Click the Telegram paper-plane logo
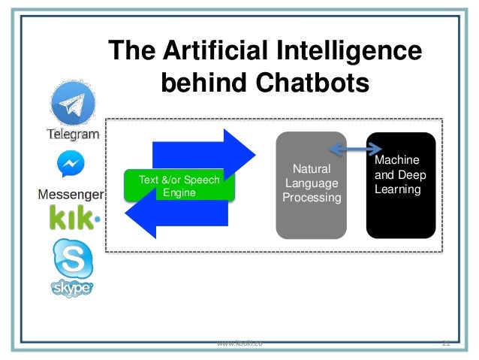click(x=74, y=104)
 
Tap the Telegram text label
click(x=74, y=135)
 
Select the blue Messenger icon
click(x=71, y=165)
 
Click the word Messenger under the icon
click(x=72, y=195)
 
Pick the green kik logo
click(x=74, y=219)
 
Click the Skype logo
click(x=72, y=267)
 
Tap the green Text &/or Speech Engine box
click(x=180, y=186)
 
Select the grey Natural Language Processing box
click(x=312, y=185)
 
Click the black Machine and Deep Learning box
click(x=400, y=185)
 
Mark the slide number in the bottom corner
click(x=445, y=343)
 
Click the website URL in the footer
click(x=239, y=343)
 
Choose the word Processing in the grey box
click(x=312, y=198)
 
